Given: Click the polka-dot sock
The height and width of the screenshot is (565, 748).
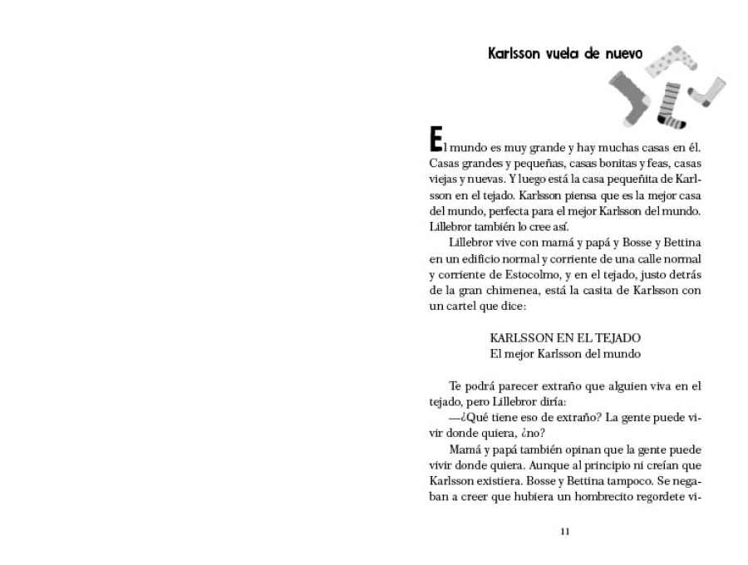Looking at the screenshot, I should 669,60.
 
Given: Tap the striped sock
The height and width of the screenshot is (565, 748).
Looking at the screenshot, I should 670,104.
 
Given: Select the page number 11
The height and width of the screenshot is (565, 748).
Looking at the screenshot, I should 565,532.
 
